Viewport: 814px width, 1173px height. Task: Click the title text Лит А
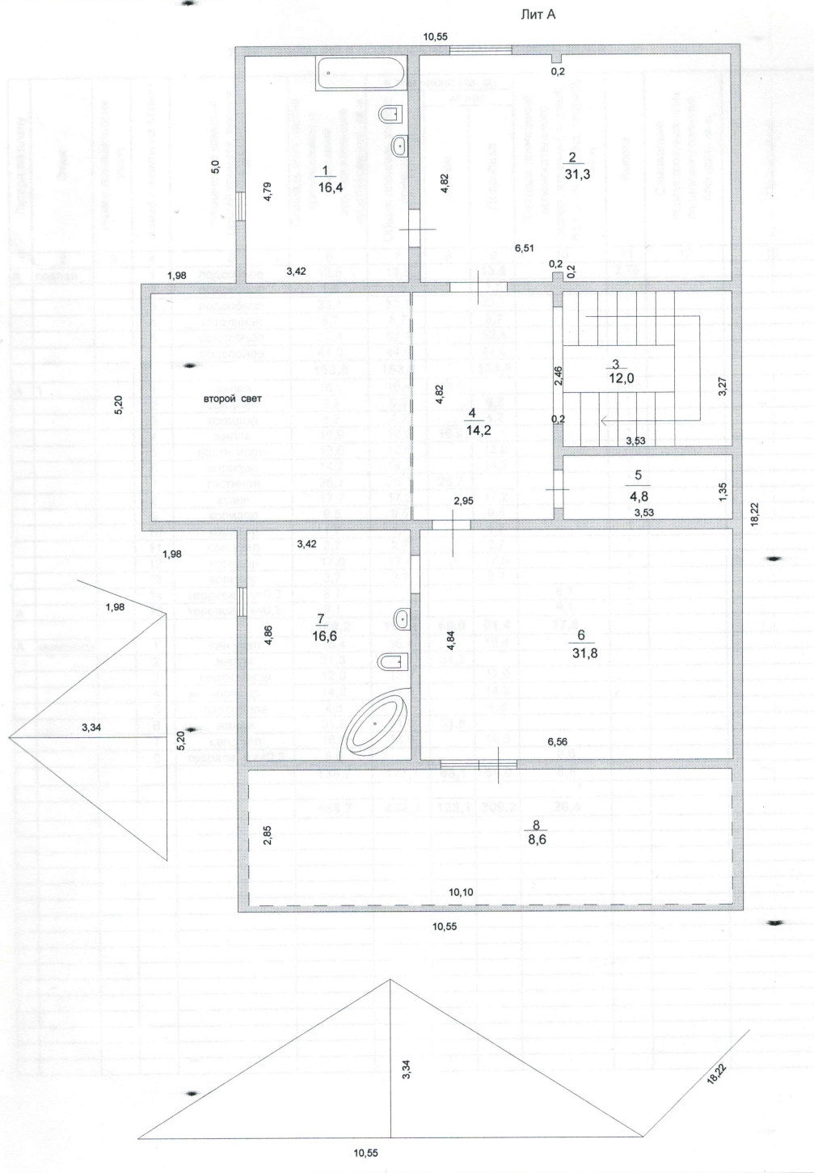tap(541, 14)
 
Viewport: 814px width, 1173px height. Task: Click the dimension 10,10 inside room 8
tap(461, 892)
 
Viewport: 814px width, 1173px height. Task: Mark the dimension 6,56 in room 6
tap(556, 741)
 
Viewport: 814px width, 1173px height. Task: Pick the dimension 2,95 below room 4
tap(463, 501)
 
